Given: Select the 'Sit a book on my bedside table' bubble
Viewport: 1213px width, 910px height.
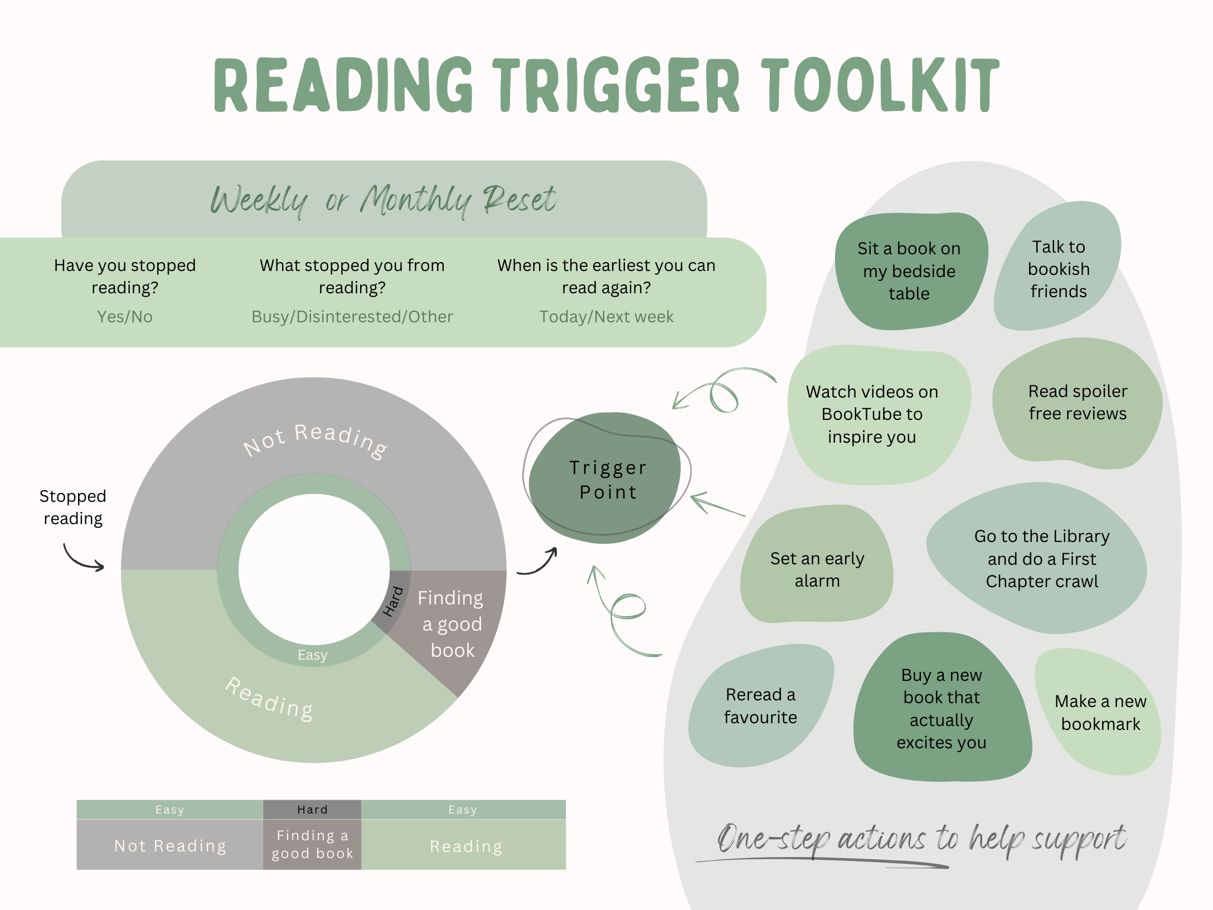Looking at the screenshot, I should click(909, 271).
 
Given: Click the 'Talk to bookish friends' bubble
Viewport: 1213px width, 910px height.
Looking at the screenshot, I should click(1058, 269).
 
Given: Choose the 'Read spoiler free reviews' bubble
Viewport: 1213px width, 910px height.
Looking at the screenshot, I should click(1077, 403).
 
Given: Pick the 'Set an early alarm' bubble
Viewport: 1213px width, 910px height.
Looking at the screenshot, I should click(817, 569).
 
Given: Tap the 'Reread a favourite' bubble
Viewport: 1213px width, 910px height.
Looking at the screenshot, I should click(760, 706).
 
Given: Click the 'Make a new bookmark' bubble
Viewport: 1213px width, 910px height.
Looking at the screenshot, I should click(1100, 713).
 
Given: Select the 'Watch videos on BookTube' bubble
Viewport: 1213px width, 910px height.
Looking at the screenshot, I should click(872, 414).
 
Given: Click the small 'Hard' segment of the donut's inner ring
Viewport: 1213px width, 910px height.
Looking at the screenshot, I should click(394, 601).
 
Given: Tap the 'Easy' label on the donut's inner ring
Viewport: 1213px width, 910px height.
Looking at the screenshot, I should click(312, 655).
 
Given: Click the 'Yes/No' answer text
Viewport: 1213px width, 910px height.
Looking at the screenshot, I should click(125, 317).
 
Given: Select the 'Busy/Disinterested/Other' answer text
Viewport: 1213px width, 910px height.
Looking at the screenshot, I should click(352, 317).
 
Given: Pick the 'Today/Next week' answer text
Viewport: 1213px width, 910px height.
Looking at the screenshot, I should click(606, 317).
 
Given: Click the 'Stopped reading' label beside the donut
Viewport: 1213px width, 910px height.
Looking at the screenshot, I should click(73, 507).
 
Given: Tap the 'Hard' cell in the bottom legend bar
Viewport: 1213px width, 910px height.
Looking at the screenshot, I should click(312, 810).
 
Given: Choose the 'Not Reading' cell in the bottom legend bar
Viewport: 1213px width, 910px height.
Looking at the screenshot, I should click(170, 845).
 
